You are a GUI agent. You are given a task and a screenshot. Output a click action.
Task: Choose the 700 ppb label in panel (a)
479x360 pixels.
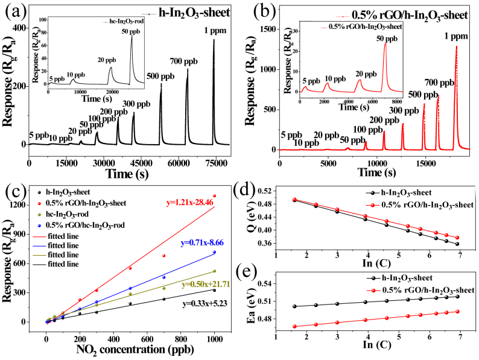click(188, 62)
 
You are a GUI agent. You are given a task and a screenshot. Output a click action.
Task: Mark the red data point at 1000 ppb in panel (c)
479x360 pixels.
click(214, 196)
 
